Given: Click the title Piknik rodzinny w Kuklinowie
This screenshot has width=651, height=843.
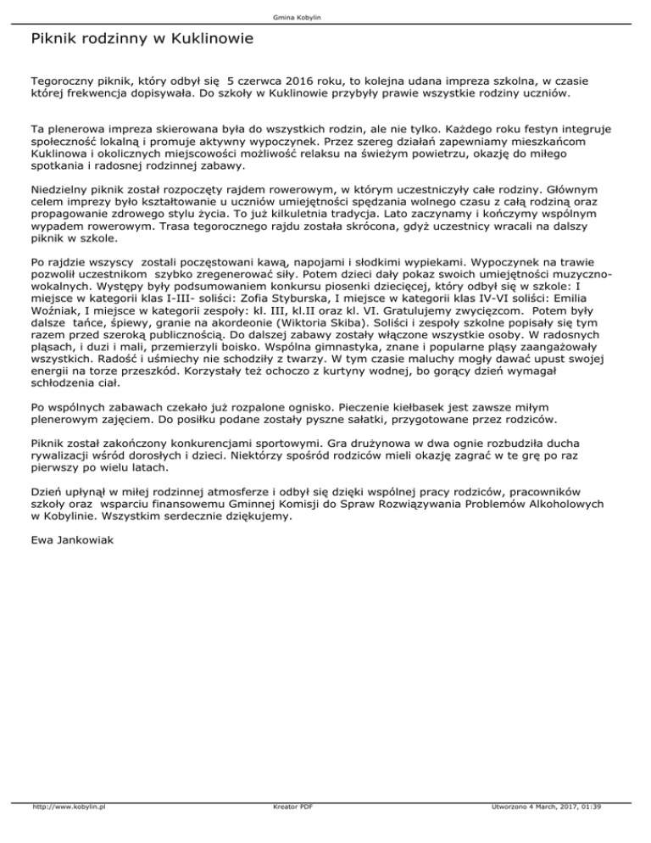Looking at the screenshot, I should click(141, 39).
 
